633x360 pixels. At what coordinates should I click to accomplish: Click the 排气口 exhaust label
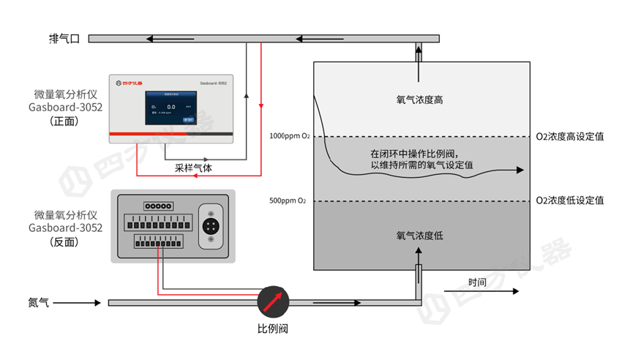[64, 39]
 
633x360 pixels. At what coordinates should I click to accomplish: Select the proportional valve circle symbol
[273, 301]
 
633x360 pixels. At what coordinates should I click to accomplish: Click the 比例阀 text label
[273, 329]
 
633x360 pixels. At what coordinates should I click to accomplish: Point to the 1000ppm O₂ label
[288, 137]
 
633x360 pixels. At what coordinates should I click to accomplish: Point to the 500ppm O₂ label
[288, 200]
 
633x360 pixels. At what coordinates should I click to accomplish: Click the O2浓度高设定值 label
[569, 137]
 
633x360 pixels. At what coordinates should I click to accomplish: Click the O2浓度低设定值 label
[569, 200]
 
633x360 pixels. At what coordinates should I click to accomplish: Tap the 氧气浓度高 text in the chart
[419, 100]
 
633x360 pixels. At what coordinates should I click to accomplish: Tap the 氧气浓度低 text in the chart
[419, 236]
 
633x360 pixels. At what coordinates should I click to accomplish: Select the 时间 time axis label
[478, 282]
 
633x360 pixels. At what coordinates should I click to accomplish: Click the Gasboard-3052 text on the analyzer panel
[212, 84]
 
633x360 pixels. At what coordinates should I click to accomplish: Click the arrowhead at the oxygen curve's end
[520, 170]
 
